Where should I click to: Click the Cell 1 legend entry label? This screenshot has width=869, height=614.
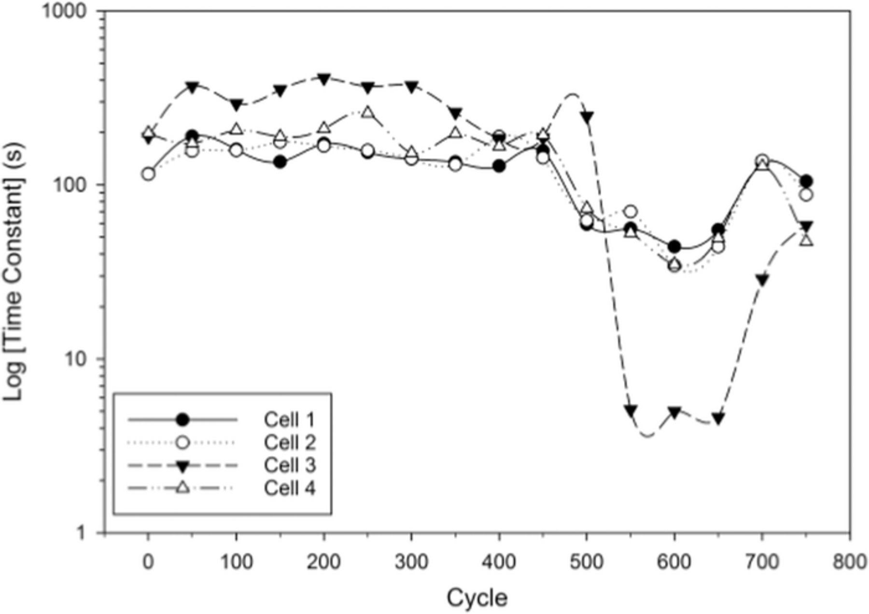point(289,420)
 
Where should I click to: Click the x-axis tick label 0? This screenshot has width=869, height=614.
point(148,563)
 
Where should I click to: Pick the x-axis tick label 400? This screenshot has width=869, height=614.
point(499,563)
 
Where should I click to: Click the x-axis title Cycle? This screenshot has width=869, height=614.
point(477,598)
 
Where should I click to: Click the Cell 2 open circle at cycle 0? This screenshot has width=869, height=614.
point(149,174)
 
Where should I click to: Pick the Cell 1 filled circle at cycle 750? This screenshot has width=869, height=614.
point(806,181)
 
